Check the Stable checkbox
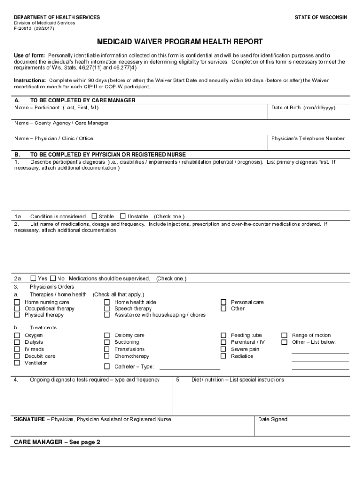pos(94,216)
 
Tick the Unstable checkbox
pos(122,216)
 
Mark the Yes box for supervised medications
pos(33,278)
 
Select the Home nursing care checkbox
pos(17,302)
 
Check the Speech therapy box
pos(107,309)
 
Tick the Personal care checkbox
pos(223,302)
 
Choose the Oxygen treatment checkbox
pos(17,335)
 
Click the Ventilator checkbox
pos(17,363)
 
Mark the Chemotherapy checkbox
pos(107,356)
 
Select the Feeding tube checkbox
pos(223,335)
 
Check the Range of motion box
pos(284,335)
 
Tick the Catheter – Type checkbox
pos(107,366)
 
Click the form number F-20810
pos(22,28)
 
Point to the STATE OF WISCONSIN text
pos(321,17)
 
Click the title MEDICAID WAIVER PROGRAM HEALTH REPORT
pos(180,42)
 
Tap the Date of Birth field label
pos(303,108)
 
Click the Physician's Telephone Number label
pos(308,138)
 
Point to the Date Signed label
pos(273,419)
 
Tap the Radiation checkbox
pos(223,356)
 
